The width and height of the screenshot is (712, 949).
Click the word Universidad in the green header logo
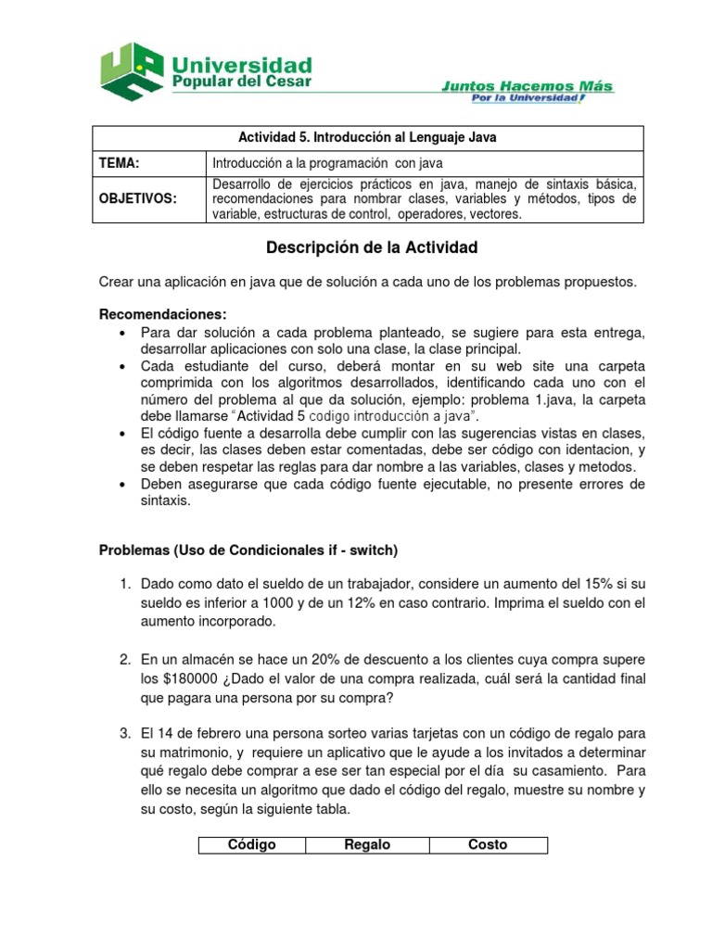[242, 65]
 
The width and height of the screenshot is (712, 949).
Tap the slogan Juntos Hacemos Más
[526, 86]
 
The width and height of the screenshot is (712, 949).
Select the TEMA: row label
[120, 163]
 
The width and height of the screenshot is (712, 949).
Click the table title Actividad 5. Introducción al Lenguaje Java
[369, 137]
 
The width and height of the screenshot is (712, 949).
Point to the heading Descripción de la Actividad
[371, 247]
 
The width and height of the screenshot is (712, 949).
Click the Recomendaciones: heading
[162, 314]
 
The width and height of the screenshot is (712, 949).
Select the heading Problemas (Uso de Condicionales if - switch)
[248, 550]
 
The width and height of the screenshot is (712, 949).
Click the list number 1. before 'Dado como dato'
[127, 585]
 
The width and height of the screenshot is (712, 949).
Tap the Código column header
[251, 844]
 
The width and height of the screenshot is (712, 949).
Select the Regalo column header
[367, 844]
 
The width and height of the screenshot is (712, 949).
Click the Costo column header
[488, 844]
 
